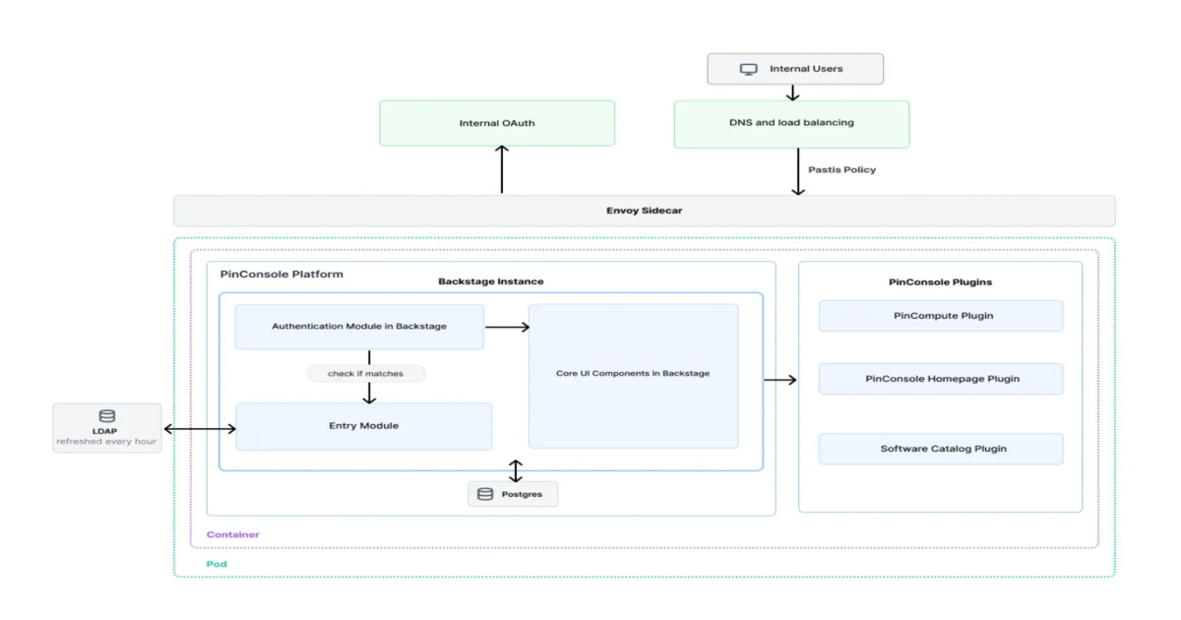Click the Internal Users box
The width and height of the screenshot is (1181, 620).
795,69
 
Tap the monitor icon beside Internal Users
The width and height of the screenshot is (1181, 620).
749,69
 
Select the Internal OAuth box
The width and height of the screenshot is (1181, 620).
497,123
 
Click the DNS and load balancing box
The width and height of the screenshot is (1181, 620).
791,123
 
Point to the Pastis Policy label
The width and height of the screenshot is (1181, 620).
841,169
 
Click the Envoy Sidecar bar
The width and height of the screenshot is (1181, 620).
644,211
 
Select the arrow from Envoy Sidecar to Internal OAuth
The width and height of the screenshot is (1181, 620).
502,169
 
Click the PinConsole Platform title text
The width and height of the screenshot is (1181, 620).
281,274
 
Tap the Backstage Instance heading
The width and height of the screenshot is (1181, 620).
490,281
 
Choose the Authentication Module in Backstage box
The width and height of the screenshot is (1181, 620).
359,327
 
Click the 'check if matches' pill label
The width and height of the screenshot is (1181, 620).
365,373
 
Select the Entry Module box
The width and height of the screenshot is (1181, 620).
363,426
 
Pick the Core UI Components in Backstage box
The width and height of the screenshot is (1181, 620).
633,374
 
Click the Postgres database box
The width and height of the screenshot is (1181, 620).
513,494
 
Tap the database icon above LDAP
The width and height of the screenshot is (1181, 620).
107,416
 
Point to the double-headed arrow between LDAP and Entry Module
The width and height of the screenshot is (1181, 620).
199,428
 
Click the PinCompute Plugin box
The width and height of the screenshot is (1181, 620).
941,316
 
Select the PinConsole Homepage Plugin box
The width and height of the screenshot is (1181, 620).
941,379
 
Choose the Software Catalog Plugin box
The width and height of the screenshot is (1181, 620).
941,449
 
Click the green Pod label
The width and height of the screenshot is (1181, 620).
216,564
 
